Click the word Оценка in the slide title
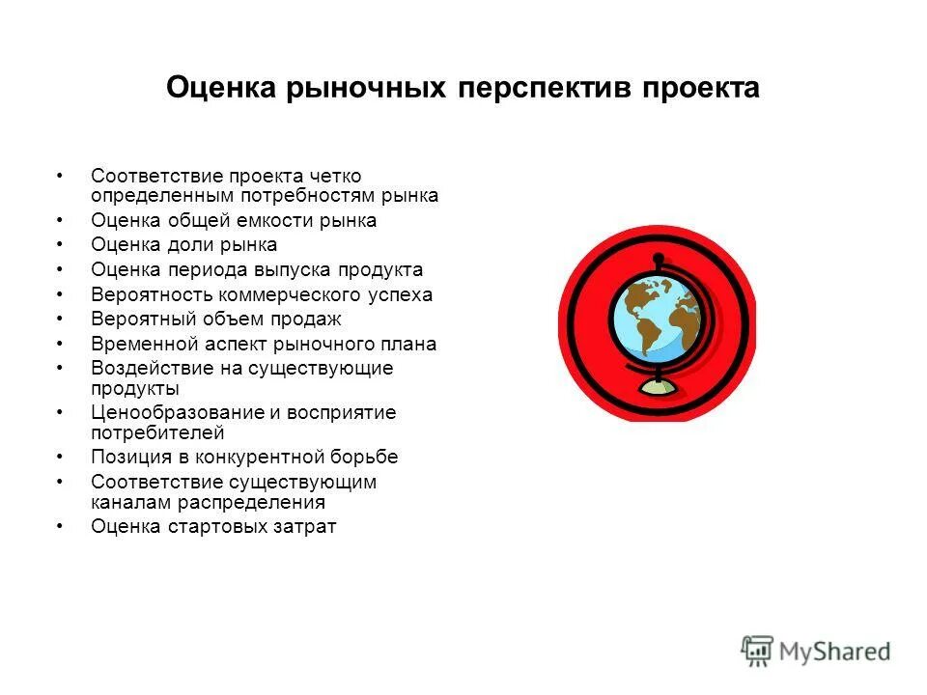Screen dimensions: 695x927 coord(221,89)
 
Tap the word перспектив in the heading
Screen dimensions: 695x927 coord(544,89)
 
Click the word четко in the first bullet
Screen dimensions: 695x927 coord(335,176)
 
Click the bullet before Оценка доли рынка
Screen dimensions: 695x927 coord(60,244)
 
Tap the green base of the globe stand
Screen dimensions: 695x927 coord(658,387)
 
